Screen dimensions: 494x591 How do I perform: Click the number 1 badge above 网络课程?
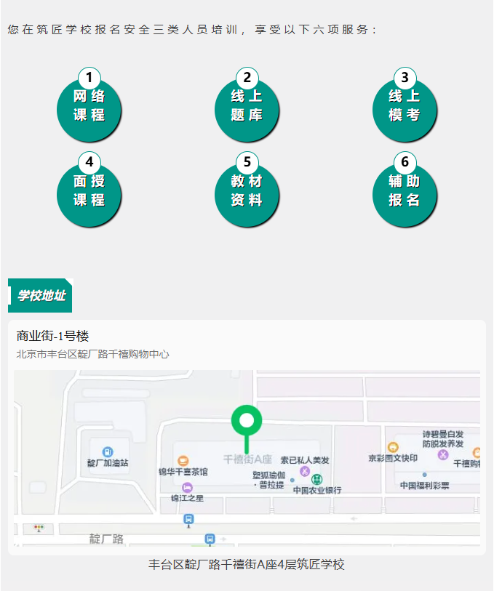89,77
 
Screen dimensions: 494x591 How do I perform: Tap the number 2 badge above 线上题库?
247,77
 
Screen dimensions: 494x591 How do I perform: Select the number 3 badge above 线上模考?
405,77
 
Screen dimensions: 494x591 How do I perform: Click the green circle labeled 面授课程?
89,195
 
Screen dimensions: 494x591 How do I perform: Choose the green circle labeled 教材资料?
247,195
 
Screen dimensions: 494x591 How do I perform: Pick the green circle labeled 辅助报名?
405,195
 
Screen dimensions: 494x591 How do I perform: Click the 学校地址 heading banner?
40,295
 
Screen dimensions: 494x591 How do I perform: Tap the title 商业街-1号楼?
52,336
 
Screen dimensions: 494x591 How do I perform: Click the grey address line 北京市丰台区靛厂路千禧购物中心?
93,354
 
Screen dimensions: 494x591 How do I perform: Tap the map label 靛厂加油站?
108,463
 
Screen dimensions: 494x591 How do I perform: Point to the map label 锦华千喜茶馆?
183,472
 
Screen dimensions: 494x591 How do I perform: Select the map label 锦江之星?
188,498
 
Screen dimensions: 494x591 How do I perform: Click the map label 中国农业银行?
317,490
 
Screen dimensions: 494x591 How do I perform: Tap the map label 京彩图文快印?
393,458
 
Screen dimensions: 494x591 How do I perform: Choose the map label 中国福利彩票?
425,486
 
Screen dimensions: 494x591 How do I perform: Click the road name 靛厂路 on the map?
106,539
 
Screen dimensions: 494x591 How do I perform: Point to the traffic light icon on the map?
39,528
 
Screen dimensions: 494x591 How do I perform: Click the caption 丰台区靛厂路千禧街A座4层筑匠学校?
247,565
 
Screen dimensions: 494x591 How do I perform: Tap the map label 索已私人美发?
305,460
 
